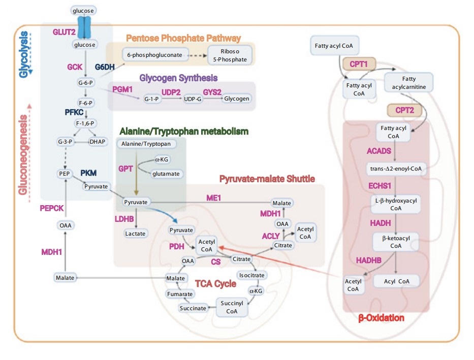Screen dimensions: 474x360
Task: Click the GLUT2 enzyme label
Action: coord(64,32)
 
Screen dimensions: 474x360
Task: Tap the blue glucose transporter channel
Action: coord(84,27)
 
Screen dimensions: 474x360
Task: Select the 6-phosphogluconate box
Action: coord(155,55)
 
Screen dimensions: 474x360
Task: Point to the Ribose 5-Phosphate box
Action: coord(230,55)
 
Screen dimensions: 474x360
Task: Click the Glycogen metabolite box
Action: coord(236,99)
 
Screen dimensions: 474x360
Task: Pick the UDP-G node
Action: coord(193,99)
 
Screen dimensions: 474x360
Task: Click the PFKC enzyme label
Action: coord(74,112)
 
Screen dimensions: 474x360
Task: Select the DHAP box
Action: coord(98,142)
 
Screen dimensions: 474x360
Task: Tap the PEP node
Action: coord(65,174)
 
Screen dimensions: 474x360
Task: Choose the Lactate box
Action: coord(135,234)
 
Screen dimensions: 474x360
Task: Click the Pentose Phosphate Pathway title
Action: coord(183,38)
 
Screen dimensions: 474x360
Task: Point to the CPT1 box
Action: coord(359,64)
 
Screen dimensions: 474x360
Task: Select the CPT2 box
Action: coord(404,110)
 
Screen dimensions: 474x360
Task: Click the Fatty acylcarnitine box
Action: coord(408,82)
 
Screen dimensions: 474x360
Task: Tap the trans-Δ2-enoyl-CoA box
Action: coord(396,169)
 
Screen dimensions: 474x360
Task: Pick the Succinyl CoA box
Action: coord(232,307)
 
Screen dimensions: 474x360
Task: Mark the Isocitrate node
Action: coord(252,275)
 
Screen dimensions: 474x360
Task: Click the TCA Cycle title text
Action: coord(215,284)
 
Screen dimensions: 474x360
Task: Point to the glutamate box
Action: coord(166,174)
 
